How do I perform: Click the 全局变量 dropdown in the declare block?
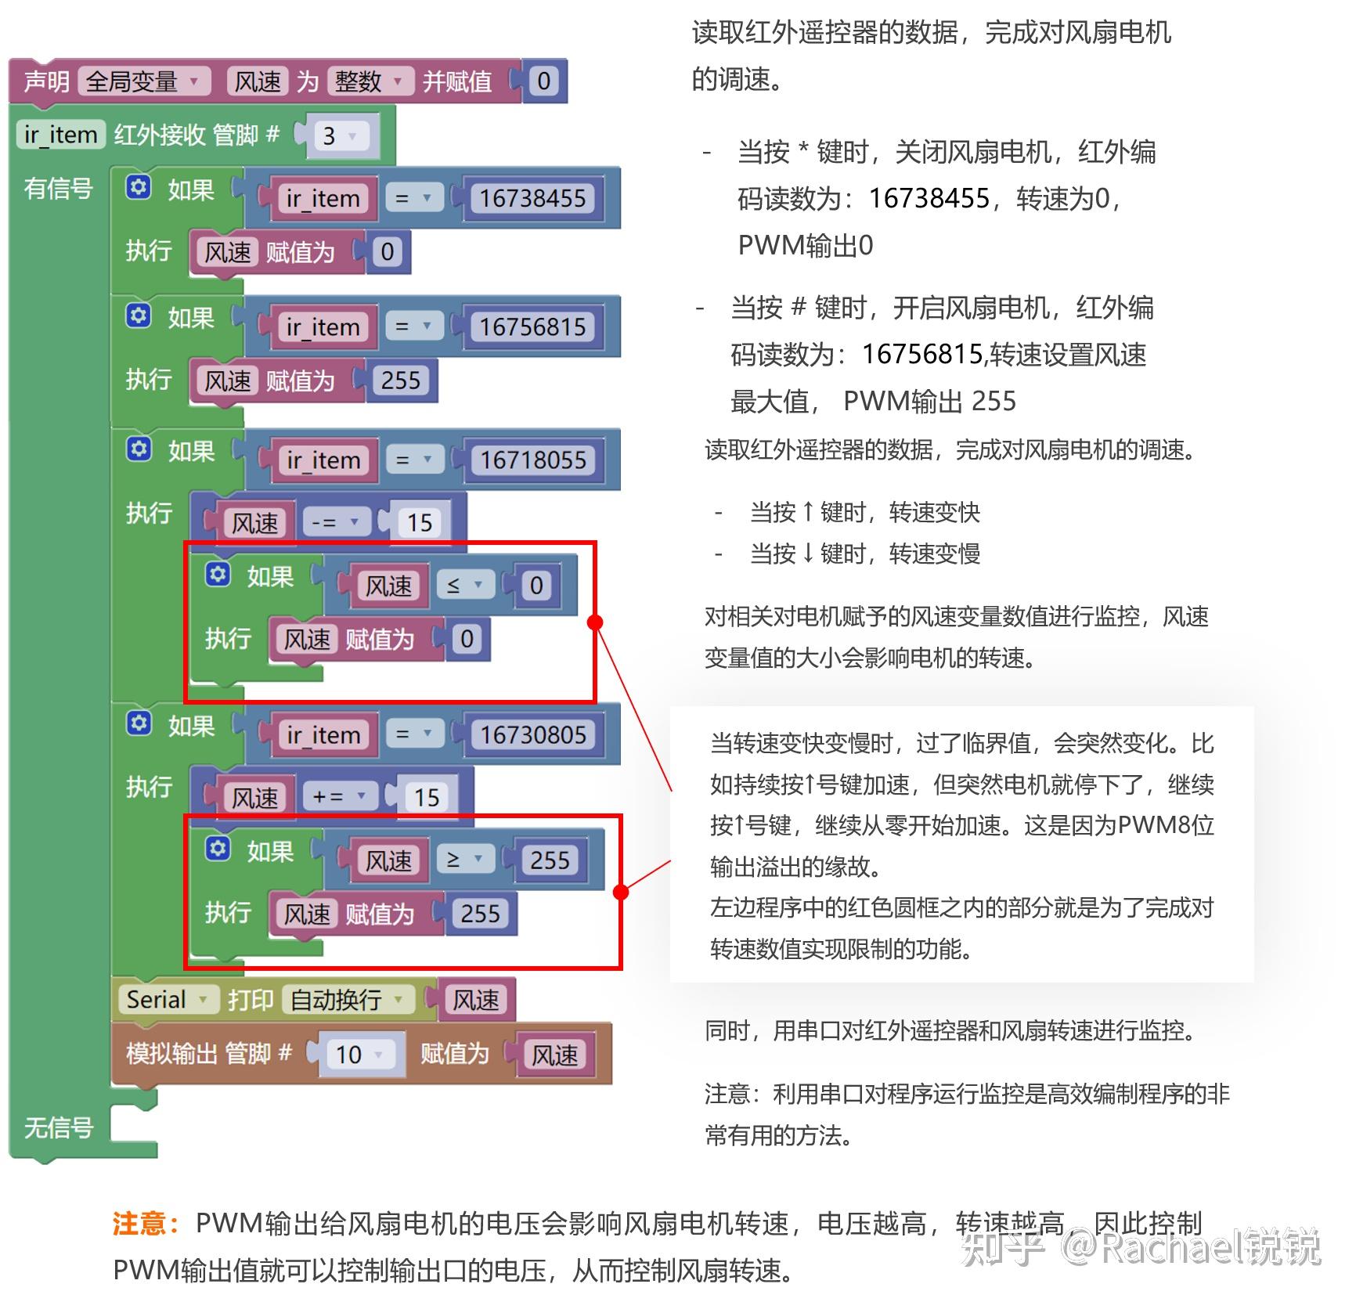(x=144, y=81)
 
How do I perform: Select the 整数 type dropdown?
(x=369, y=81)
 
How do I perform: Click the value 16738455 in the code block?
(x=532, y=198)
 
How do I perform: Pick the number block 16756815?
(x=532, y=326)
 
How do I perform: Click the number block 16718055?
(x=532, y=460)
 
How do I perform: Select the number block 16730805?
(x=532, y=734)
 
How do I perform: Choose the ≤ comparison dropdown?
(x=464, y=585)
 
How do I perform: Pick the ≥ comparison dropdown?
(x=464, y=860)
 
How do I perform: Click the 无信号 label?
(x=58, y=1127)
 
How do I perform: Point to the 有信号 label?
(x=58, y=189)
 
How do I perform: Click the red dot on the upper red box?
(x=595, y=622)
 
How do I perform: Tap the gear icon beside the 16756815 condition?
(x=139, y=316)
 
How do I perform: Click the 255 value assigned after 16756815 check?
(x=400, y=381)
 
